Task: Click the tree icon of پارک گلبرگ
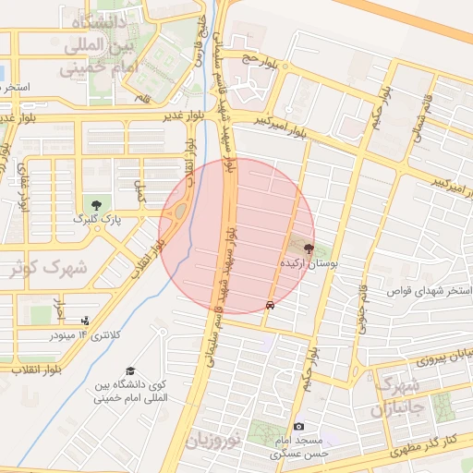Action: (x=94, y=203)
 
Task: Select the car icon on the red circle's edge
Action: (x=269, y=304)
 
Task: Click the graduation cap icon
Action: (x=129, y=371)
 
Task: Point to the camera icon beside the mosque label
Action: (x=298, y=426)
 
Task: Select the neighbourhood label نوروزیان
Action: (x=213, y=441)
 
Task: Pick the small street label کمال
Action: (x=141, y=191)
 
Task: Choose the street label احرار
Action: (x=60, y=302)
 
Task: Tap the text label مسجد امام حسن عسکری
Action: (x=304, y=449)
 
